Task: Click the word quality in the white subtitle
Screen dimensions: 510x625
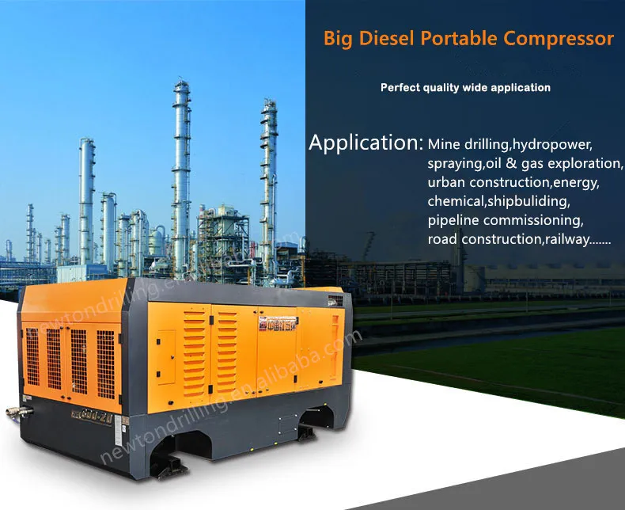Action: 449,87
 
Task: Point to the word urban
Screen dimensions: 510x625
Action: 445,182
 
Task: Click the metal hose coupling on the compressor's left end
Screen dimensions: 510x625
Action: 23,411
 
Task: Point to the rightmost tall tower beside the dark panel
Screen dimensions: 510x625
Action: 269,182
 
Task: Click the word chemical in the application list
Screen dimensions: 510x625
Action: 453,201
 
